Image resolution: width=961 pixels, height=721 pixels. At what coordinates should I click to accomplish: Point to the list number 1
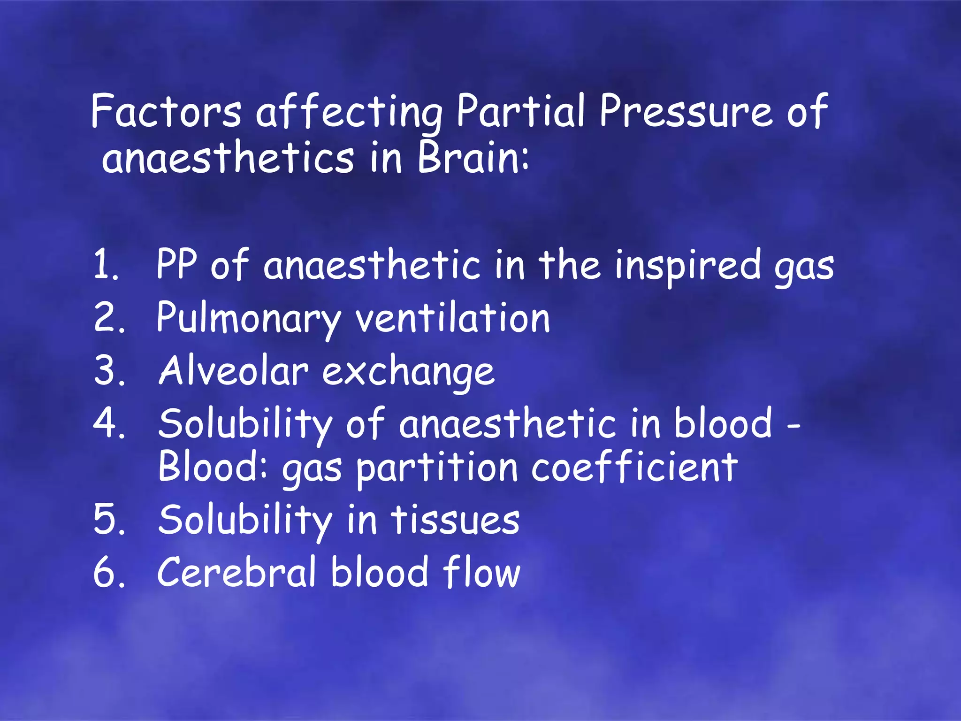click(x=105, y=265)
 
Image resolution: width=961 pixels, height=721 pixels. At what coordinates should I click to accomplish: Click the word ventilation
click(x=452, y=318)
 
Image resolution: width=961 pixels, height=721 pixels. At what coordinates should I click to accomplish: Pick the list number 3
click(x=109, y=371)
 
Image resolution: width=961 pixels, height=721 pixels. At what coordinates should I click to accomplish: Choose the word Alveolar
click(x=234, y=371)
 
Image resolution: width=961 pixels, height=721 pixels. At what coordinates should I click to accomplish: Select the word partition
click(x=436, y=468)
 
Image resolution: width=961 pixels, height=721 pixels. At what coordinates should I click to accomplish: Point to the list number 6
click(x=109, y=573)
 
